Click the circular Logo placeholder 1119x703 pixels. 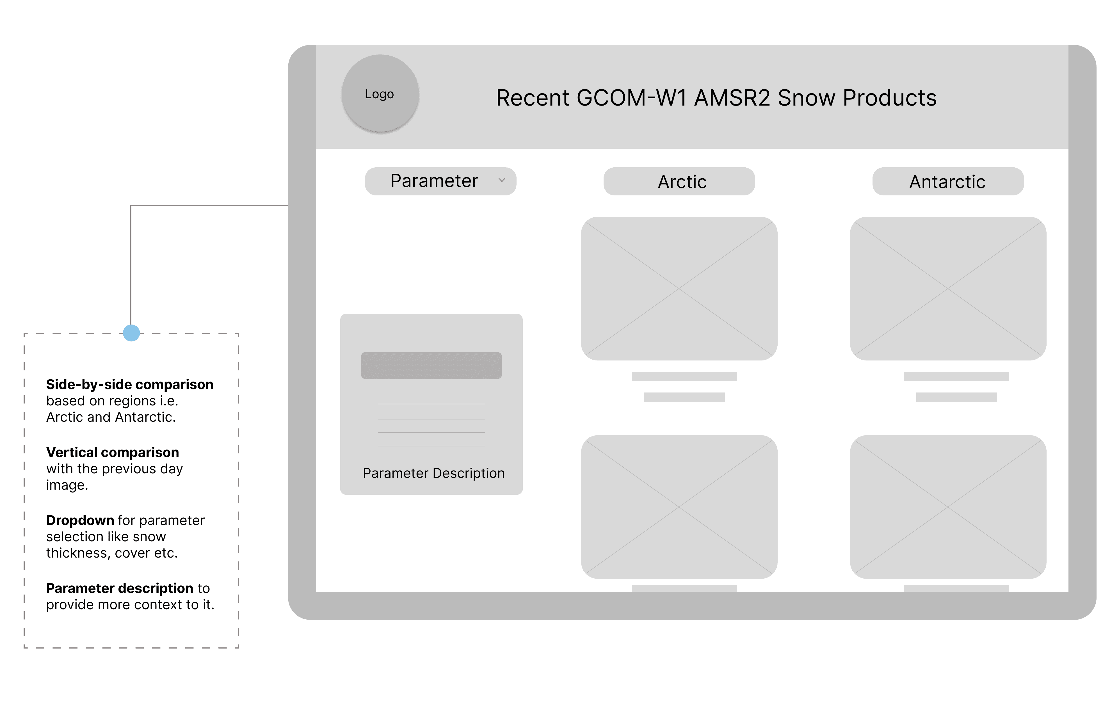tap(380, 93)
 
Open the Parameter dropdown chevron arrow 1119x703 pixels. tap(501, 180)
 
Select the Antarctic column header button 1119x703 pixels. tap(947, 182)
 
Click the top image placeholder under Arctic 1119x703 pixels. tap(679, 289)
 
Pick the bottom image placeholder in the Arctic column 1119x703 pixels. tap(679, 507)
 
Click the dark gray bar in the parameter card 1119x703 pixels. tap(431, 365)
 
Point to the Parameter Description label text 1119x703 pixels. tap(433, 473)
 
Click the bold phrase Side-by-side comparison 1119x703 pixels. tap(130, 384)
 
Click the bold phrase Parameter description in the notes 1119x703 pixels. tap(119, 588)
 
